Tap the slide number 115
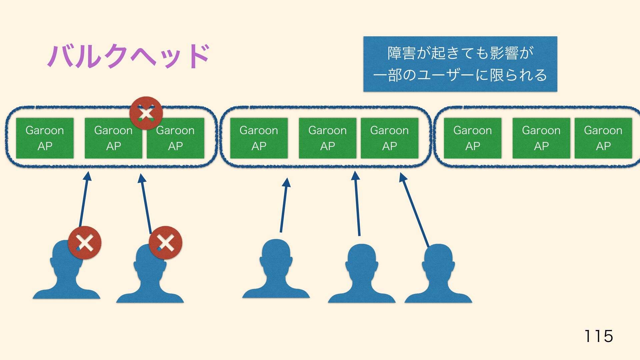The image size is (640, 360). pyautogui.click(x=598, y=336)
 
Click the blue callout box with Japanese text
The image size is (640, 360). pyautogui.click(x=460, y=64)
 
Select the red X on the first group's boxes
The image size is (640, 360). pyautogui.click(x=146, y=113)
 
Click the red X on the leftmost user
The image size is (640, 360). pyautogui.click(x=85, y=243)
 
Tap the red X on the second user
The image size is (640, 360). pyautogui.click(x=165, y=243)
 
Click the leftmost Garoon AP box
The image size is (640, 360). pyautogui.click(x=45, y=138)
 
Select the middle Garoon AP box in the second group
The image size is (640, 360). pyautogui.click(x=327, y=138)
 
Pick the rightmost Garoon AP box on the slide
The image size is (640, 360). pyautogui.click(x=603, y=138)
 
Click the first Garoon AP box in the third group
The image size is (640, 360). pyautogui.click(x=472, y=138)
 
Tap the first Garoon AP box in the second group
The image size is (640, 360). pyautogui.click(x=259, y=138)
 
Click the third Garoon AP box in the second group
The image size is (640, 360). pyautogui.click(x=389, y=138)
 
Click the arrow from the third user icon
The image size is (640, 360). pyautogui.click(x=284, y=205)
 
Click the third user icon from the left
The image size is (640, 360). pyautogui.click(x=276, y=270)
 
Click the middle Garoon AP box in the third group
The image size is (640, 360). pyautogui.click(x=541, y=138)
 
